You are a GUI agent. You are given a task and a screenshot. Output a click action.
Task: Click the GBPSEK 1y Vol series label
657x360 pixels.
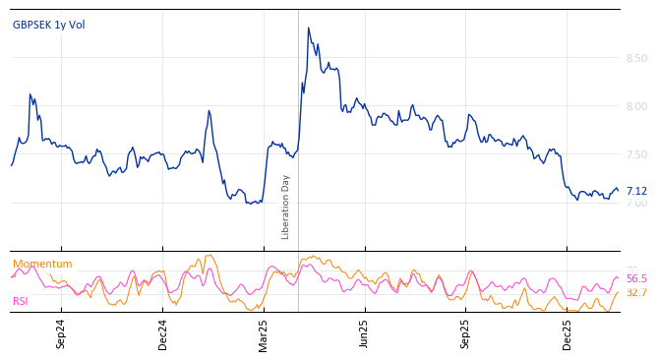[49, 25]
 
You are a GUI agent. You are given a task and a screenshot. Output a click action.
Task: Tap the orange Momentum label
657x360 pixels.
[42, 264]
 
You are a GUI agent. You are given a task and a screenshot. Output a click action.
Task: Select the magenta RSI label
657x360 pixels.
[21, 301]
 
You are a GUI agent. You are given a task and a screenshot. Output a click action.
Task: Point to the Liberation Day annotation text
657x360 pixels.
[286, 207]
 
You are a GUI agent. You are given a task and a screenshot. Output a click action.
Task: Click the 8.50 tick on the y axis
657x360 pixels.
[636, 58]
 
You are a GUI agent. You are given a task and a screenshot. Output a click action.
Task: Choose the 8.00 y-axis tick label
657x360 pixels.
[636, 106]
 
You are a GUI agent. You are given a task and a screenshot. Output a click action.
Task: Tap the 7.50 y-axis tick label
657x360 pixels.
[636, 154]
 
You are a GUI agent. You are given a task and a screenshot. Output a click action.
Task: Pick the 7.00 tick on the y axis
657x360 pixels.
[636, 203]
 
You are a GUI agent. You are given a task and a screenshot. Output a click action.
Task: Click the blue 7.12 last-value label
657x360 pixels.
[636, 192]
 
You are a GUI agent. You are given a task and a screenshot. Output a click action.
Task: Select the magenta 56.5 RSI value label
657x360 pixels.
[636, 279]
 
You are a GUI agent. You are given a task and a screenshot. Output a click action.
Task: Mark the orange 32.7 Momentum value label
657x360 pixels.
[636, 293]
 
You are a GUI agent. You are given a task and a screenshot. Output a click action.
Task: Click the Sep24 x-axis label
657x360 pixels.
[61, 333]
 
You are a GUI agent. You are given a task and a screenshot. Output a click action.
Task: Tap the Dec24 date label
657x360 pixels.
[163, 333]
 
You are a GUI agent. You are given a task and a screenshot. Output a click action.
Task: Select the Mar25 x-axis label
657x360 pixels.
[264, 333]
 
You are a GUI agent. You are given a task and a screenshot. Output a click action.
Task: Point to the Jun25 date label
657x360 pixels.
[364, 333]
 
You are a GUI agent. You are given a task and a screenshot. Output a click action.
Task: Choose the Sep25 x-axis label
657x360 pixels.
[465, 333]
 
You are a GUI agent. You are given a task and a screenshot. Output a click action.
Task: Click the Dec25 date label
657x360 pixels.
[567, 333]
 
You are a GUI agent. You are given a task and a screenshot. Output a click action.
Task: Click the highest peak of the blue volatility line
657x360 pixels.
[308, 29]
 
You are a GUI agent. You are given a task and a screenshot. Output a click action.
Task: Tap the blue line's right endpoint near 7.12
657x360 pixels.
[618, 190]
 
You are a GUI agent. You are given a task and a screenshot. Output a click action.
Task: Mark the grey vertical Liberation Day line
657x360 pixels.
[298, 118]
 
